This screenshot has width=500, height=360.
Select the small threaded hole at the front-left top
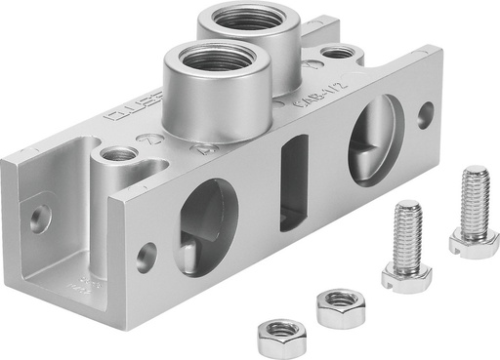tap(118, 153)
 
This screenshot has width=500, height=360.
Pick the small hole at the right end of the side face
tap(426, 113)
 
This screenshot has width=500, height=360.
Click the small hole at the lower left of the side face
tap(146, 258)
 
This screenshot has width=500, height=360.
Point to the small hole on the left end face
tap(38, 219)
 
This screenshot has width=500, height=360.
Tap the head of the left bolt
tap(405, 274)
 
